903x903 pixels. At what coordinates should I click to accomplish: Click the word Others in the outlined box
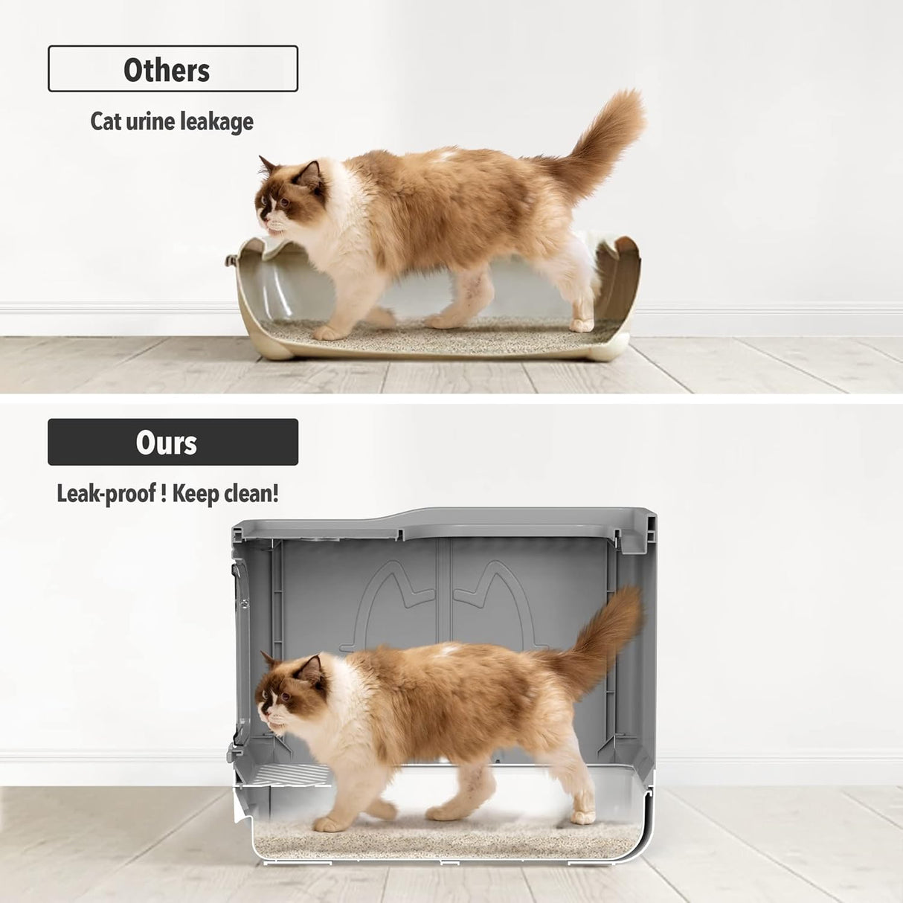point(167,70)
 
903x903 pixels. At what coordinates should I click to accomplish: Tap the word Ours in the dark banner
point(167,443)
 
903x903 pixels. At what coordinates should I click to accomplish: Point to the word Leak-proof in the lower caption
point(106,493)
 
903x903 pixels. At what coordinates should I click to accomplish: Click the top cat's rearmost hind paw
point(581,325)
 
